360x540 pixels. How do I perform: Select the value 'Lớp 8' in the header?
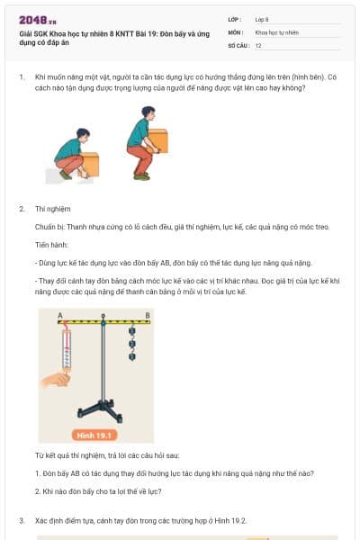pos(262,19)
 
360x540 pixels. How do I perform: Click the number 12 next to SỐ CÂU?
pos(258,44)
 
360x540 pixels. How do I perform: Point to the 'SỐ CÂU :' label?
pos(238,44)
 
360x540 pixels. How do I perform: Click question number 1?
pos(21,78)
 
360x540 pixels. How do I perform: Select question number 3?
pos(21,520)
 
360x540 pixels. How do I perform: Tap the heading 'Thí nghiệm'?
pos(51,208)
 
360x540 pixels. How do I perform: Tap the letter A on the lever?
pos(59,315)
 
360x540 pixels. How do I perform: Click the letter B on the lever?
pos(146,315)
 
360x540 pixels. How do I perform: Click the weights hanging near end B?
pos(131,344)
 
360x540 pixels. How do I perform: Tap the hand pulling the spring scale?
pos(56,380)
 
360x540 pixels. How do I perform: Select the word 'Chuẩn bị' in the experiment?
pos(49,226)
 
